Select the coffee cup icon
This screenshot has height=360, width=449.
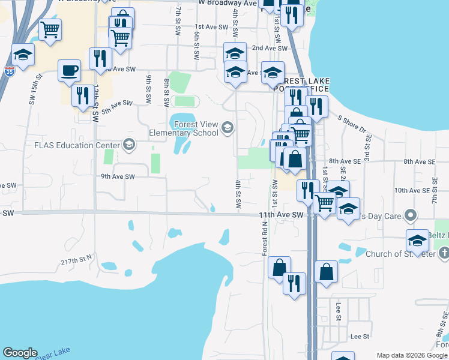point(69,70)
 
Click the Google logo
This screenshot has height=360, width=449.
point(20,353)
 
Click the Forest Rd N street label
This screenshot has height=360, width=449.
point(264,239)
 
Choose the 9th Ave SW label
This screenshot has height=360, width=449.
point(118,176)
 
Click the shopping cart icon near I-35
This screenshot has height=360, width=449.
point(50,29)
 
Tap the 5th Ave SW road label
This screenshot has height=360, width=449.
point(116,106)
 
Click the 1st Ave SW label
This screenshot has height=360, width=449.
point(212,27)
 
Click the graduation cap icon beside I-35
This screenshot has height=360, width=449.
point(23,55)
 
